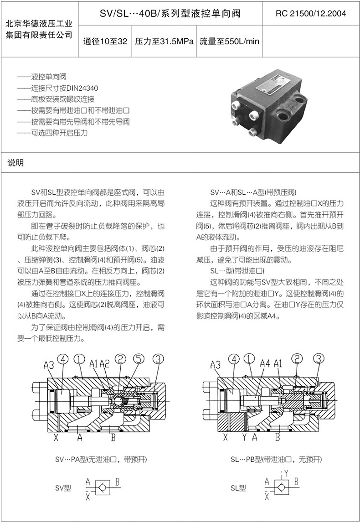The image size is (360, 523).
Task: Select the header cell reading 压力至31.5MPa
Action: pyautogui.click(x=165, y=41)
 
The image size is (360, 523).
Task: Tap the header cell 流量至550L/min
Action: pyautogui.click(x=229, y=41)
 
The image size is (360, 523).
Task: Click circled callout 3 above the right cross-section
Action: pyautogui.click(x=319, y=359)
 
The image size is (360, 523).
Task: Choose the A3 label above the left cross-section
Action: pyautogui.click(x=49, y=364)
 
